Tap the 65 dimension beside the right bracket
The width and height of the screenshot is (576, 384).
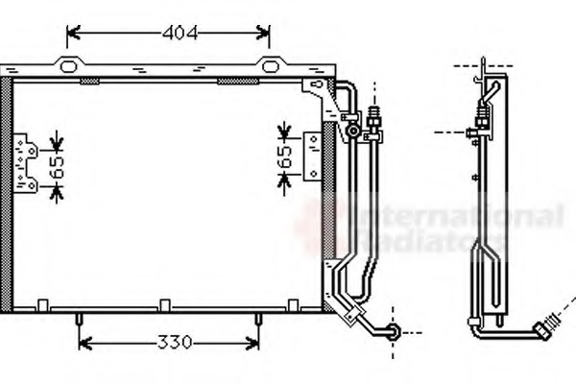pos(285,158)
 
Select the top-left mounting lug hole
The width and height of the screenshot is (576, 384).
pos(67,66)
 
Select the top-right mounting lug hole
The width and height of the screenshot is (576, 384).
pos(270,66)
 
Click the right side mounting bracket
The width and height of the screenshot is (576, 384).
pos(312,156)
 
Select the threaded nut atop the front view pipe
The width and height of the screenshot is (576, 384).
pos(374,120)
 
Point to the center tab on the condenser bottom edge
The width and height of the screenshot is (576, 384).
pos(164,305)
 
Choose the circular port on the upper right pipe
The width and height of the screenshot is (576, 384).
pos(353,130)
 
